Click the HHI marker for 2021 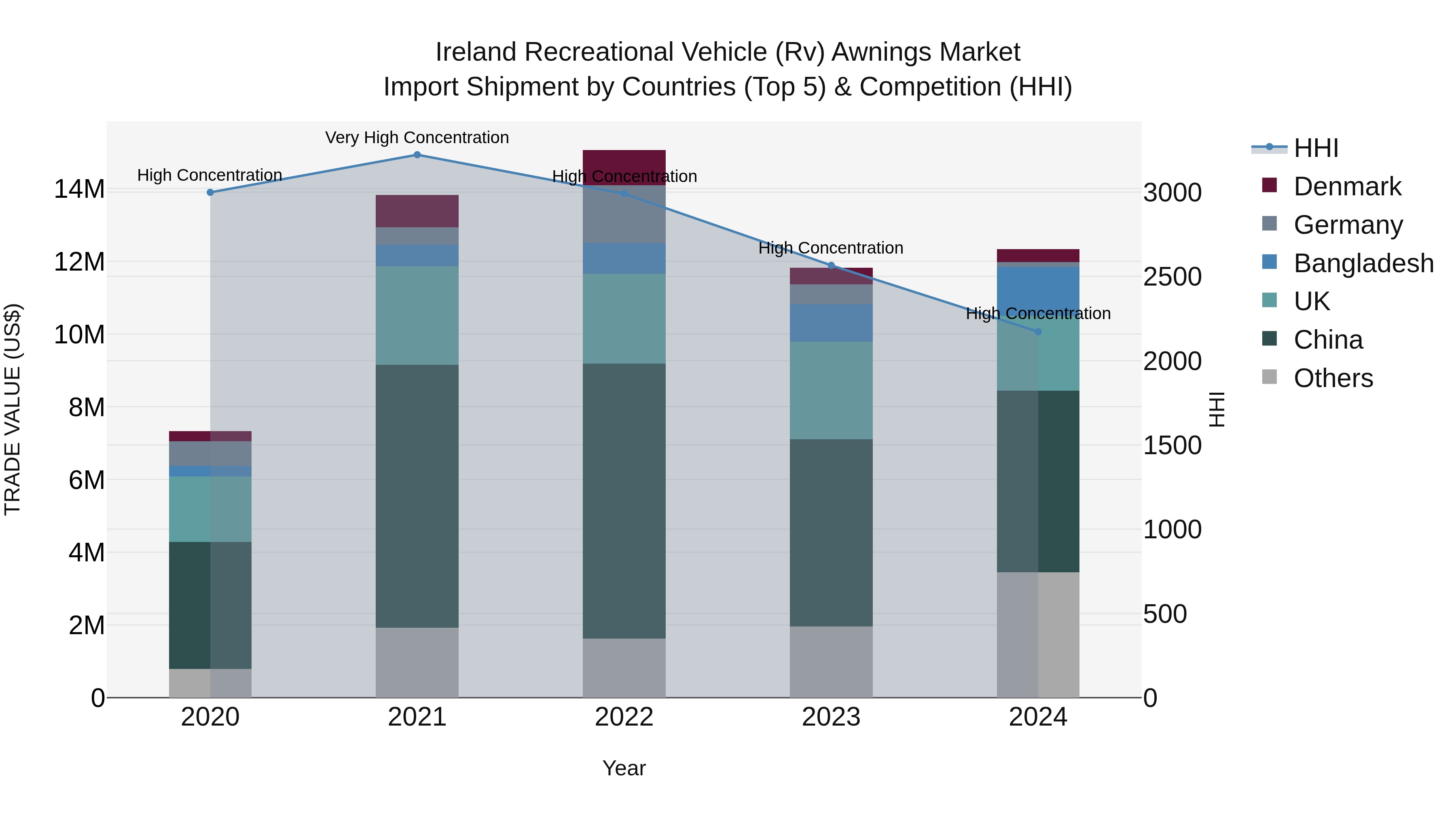coord(417,155)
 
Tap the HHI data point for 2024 coord(1038,332)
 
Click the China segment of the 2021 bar coord(417,496)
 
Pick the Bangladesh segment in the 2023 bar coord(831,323)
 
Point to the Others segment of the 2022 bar coord(624,668)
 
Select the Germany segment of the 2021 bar coord(417,236)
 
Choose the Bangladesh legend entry coord(1363,263)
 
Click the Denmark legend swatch coord(1270,185)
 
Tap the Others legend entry coord(1333,378)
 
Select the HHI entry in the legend coord(1316,148)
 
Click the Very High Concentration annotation coord(417,138)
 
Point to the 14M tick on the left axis coord(79,189)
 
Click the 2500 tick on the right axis coord(1172,277)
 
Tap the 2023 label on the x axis coord(831,717)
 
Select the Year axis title coord(624,768)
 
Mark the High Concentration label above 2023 coord(831,248)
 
